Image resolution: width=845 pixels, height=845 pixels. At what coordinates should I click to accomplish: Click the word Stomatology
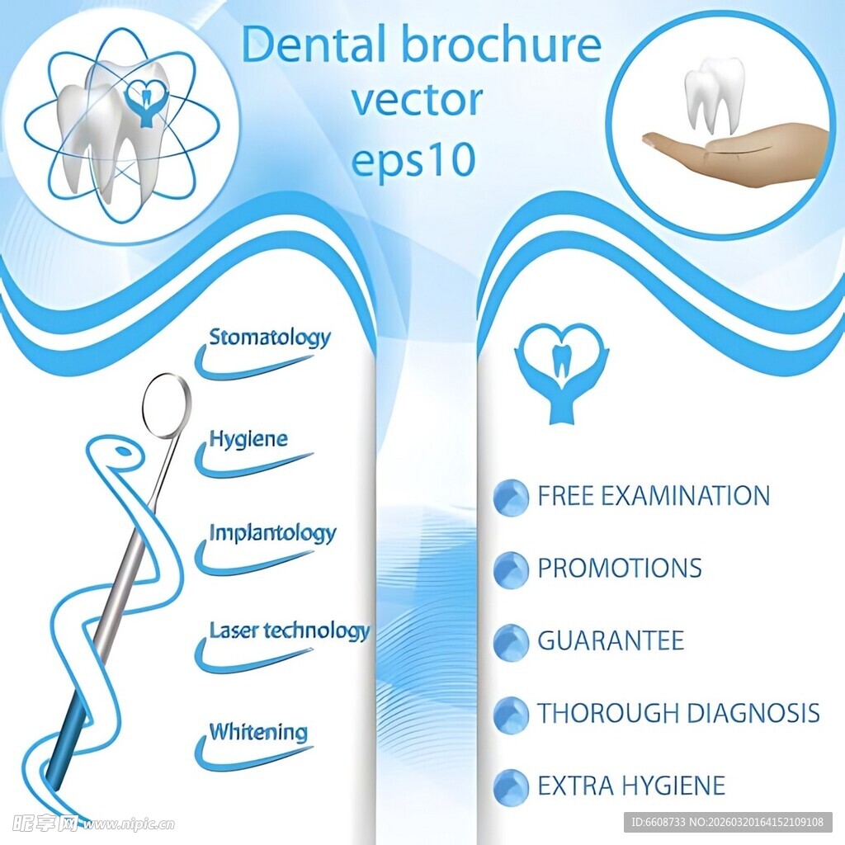pos(269,338)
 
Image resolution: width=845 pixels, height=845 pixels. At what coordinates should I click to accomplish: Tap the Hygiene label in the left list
pos(248,439)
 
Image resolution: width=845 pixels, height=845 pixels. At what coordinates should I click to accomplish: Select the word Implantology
pos(272,533)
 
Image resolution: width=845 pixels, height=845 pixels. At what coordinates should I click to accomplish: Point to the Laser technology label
pos(289,632)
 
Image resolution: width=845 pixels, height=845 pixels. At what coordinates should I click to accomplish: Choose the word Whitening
pos(257,732)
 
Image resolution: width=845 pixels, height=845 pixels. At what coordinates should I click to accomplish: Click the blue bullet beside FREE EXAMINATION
pos(511,498)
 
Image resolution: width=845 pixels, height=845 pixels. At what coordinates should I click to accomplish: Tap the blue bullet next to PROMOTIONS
pos(511,570)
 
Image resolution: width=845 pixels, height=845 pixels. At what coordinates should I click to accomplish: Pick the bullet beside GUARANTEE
pos(511,642)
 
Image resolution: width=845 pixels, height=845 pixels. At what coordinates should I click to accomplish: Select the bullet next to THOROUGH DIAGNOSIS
pos(511,715)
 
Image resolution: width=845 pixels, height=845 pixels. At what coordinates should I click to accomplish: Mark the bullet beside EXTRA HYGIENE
pos(511,786)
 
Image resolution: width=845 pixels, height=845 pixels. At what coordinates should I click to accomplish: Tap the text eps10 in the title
pos(414,160)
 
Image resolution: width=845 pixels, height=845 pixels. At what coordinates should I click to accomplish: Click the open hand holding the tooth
pos(743,153)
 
